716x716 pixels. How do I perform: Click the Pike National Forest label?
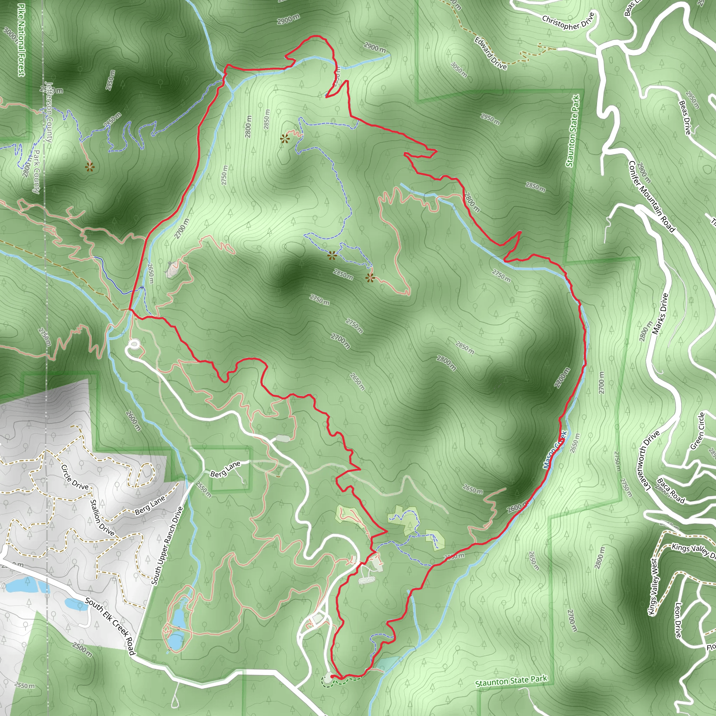(21, 40)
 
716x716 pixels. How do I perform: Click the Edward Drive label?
(491, 53)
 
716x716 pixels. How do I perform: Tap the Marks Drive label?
(660, 314)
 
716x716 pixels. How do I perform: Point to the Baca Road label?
(671, 491)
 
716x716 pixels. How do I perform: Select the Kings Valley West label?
(653, 586)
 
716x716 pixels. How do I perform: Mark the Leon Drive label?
(678, 620)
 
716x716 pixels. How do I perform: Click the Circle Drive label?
(74, 477)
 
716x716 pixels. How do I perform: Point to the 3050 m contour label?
(459, 69)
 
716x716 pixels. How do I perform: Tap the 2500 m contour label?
(82, 650)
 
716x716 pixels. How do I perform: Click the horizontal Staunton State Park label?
(511, 681)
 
